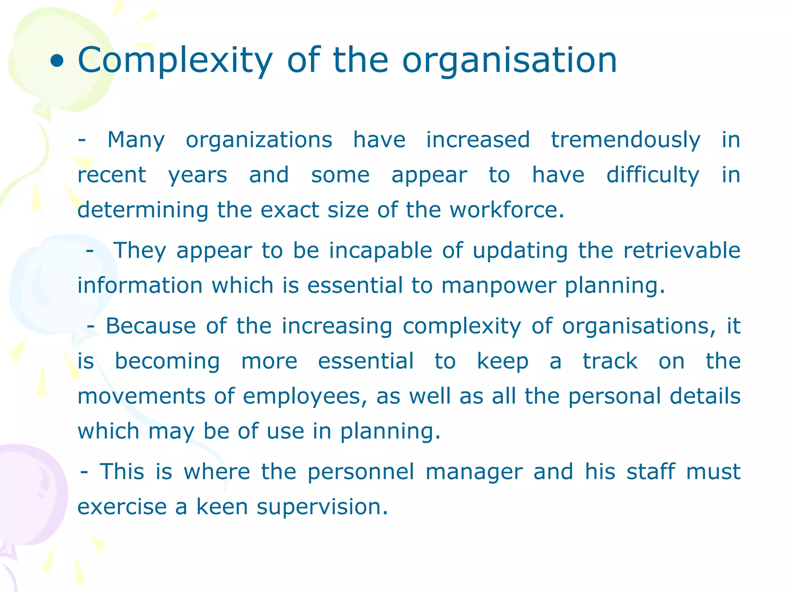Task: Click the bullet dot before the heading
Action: click(57, 61)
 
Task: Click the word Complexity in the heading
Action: click(175, 61)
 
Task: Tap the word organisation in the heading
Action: click(509, 61)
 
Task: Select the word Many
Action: click(136, 140)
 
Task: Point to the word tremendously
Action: click(626, 140)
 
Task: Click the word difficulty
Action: click(653, 175)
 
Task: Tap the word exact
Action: click(290, 210)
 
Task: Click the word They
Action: click(140, 251)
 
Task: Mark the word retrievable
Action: click(682, 251)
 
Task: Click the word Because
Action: click(151, 326)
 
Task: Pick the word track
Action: click(610, 362)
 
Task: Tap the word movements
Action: click(141, 397)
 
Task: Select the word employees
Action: click(305, 397)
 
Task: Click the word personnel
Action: click(361, 472)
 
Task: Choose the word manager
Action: click(474, 472)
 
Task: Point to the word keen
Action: click(222, 506)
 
